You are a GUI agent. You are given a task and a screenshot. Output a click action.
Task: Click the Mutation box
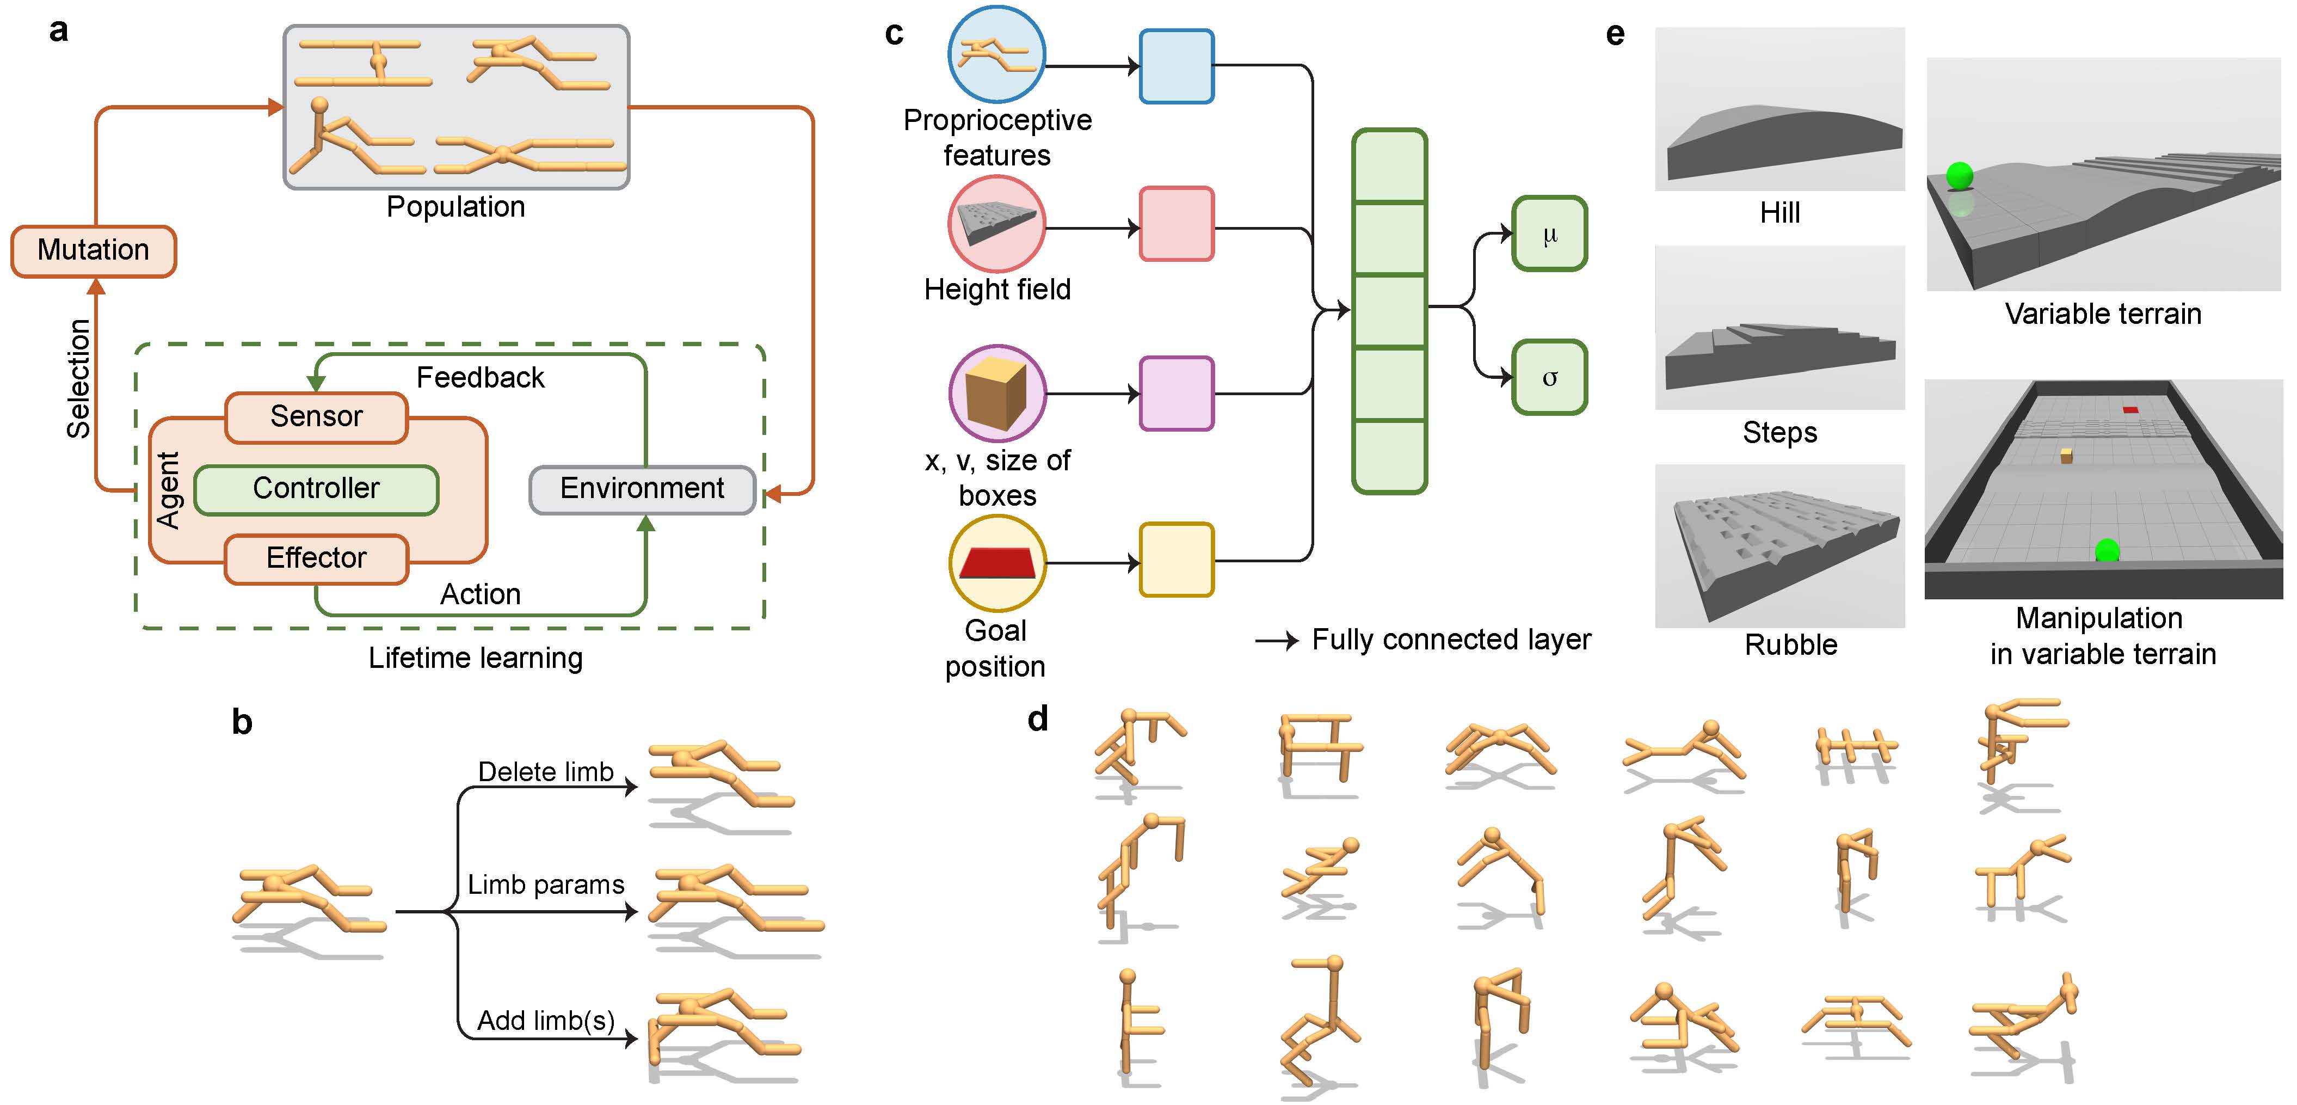click(x=94, y=250)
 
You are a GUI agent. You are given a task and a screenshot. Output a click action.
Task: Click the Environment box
click(x=642, y=489)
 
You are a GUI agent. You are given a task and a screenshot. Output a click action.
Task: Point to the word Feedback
click(x=480, y=378)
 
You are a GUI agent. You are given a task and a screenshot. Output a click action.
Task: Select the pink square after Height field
click(x=1176, y=224)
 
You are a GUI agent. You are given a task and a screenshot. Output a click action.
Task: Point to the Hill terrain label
click(x=1780, y=213)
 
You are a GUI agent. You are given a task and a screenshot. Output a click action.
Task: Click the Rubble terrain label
click(x=1790, y=645)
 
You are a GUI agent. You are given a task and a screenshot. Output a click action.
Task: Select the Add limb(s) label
click(x=546, y=1020)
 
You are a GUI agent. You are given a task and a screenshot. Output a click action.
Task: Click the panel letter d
click(x=1038, y=719)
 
